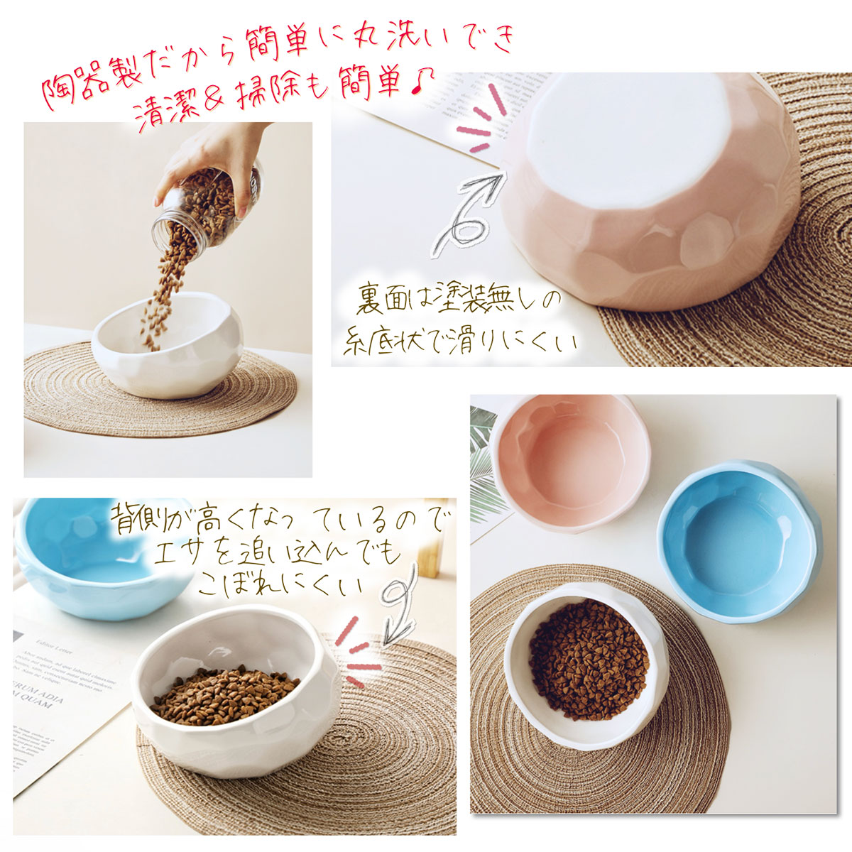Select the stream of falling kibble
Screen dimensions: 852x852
tap(160, 298)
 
